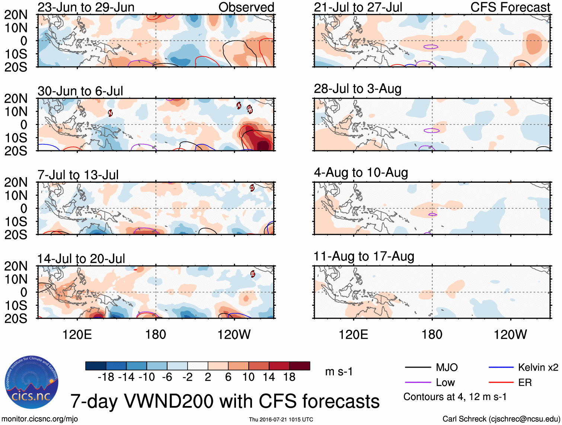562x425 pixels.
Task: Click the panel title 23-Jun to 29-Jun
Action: (86, 7)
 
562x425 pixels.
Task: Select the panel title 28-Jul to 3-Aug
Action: (357, 89)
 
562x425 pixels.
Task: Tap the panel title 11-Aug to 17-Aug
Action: (364, 256)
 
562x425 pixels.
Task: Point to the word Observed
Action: (246, 7)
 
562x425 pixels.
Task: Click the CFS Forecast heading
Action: (510, 7)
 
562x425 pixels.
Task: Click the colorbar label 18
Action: (289, 377)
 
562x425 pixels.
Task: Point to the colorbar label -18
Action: (106, 377)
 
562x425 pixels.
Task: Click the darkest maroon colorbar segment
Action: (300, 366)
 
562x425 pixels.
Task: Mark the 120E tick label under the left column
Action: (77, 335)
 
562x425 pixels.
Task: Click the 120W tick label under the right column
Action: (510, 335)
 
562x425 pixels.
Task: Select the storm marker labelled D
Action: (252, 188)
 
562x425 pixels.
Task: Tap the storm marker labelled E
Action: (253, 274)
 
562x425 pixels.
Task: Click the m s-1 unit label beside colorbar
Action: (339, 372)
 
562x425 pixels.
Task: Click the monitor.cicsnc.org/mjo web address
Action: (40, 419)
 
